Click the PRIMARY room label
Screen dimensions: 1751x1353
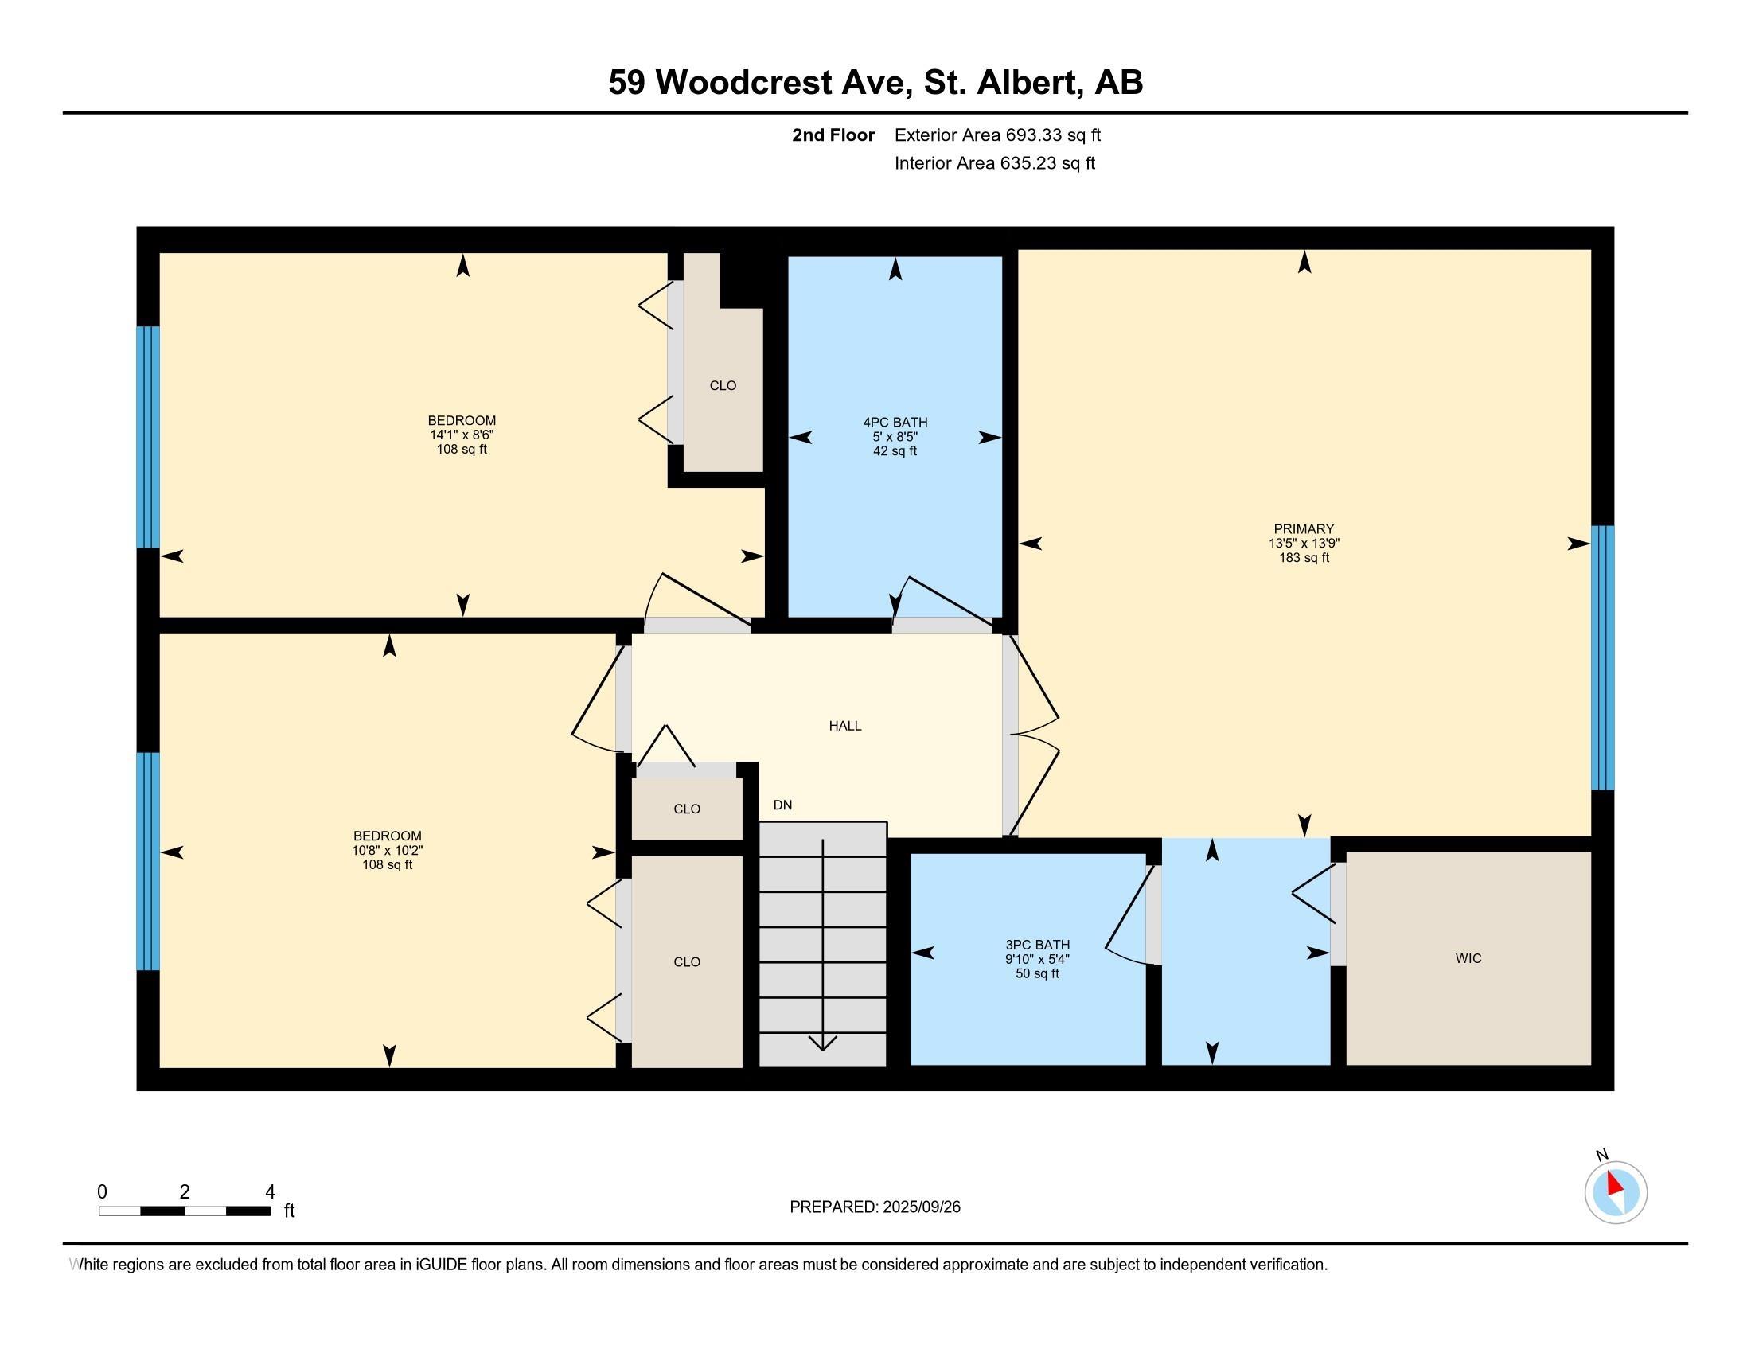(1304, 529)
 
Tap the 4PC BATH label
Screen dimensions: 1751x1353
(895, 423)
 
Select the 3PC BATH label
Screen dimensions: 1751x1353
(1037, 945)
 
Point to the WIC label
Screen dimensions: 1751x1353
(1468, 959)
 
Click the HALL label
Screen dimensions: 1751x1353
(845, 726)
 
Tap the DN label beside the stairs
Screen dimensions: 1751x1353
(782, 805)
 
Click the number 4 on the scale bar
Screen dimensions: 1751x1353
(270, 1192)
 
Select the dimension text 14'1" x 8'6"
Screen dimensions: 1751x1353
(462, 435)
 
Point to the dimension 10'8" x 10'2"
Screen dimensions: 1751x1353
(388, 852)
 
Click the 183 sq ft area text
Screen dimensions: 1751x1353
(1304, 558)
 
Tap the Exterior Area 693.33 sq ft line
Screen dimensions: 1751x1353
(997, 135)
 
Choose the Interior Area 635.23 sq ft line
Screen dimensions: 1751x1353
(995, 163)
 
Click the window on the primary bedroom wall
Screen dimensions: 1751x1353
(1602, 657)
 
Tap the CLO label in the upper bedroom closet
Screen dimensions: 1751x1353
(723, 385)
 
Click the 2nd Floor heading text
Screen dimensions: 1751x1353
(833, 135)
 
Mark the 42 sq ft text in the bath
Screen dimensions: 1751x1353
(895, 451)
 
